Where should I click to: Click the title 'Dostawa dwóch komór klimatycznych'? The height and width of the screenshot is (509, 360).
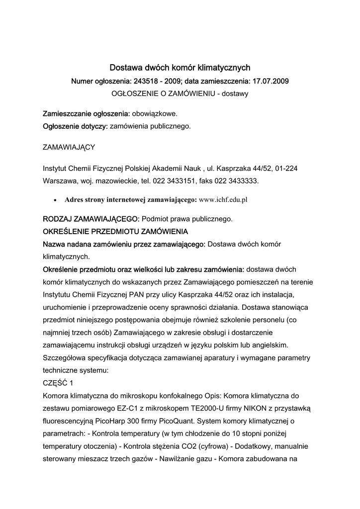(x=180, y=67)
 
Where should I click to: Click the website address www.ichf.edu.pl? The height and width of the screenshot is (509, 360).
(x=223, y=200)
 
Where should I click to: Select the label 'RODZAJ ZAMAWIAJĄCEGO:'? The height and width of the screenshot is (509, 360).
(x=91, y=219)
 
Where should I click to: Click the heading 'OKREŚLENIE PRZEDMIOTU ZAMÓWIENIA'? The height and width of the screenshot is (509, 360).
(x=115, y=232)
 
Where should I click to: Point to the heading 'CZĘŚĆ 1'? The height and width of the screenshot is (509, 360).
(x=58, y=382)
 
